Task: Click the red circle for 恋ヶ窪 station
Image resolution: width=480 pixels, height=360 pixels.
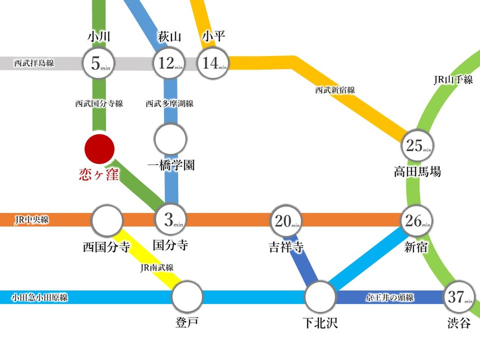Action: click(99, 149)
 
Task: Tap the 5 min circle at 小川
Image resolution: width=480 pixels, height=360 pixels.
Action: click(99, 63)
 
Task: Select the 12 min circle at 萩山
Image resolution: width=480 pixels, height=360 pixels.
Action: click(169, 63)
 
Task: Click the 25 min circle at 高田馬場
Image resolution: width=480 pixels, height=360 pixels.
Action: click(417, 145)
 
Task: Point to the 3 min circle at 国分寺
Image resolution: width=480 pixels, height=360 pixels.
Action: click(171, 220)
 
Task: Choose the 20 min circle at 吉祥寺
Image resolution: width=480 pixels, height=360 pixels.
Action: click(286, 221)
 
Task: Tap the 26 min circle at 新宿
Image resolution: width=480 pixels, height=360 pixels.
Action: click(417, 220)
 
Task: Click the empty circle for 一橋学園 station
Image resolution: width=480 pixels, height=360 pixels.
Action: click(170, 139)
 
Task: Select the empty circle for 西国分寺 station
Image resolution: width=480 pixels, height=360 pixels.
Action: click(107, 220)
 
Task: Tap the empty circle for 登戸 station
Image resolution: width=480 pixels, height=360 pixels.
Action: click(187, 297)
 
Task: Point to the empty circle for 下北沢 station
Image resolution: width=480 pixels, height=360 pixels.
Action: click(320, 297)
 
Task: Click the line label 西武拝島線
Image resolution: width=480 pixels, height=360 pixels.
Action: click(34, 63)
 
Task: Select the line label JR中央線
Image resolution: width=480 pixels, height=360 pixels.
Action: click(31, 220)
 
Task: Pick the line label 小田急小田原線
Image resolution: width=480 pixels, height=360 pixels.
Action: click(40, 297)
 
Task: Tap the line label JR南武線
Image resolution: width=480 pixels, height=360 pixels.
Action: click(157, 268)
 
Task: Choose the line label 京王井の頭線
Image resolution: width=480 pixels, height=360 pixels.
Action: click(390, 297)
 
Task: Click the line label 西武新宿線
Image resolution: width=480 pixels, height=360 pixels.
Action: click(335, 90)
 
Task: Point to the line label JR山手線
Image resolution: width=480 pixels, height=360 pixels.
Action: click(453, 80)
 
